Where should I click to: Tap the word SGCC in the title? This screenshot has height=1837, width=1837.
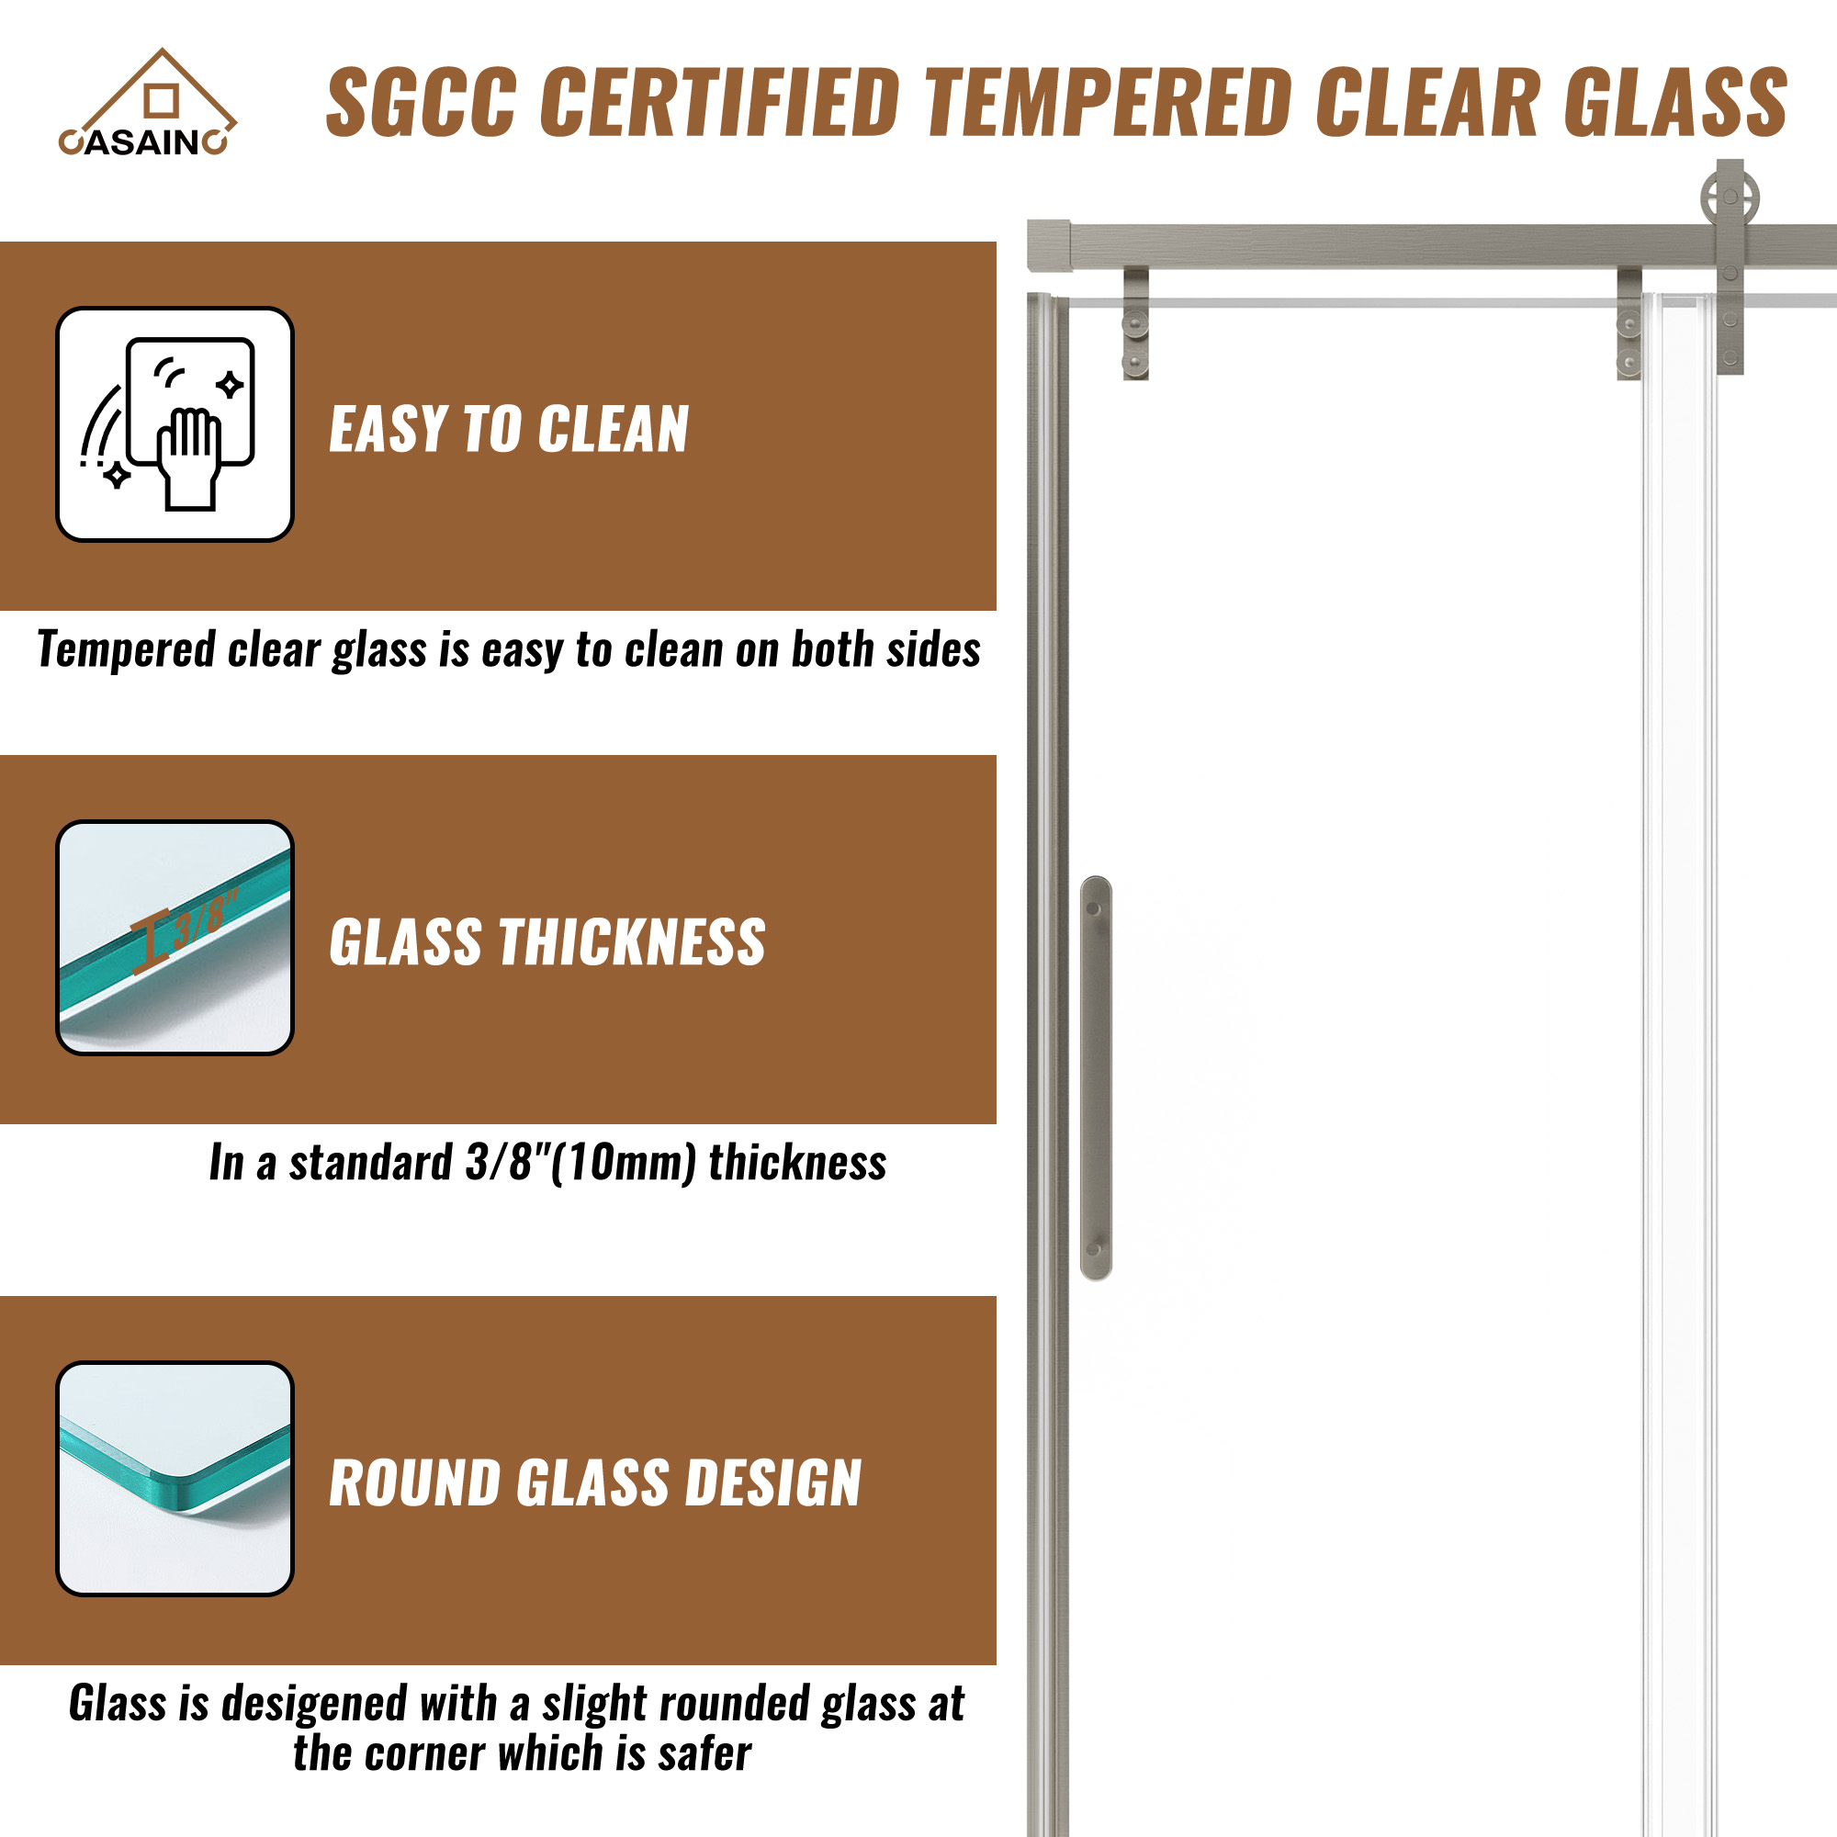coord(423,102)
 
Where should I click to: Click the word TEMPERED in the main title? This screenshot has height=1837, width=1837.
coord(1109,102)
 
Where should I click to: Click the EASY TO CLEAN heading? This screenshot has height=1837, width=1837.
coord(509,429)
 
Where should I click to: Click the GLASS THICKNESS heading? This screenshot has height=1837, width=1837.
coord(547,942)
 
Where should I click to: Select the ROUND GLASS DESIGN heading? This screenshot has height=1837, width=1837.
coord(595,1483)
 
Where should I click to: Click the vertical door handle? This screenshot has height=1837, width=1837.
coord(1097,1077)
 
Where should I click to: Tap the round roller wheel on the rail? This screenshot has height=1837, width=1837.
coord(1730,199)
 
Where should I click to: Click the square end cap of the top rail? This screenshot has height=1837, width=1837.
coord(1049,245)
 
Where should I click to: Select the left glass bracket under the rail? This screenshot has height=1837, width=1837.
coord(1135,324)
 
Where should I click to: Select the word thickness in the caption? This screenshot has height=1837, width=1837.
coord(796,1162)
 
